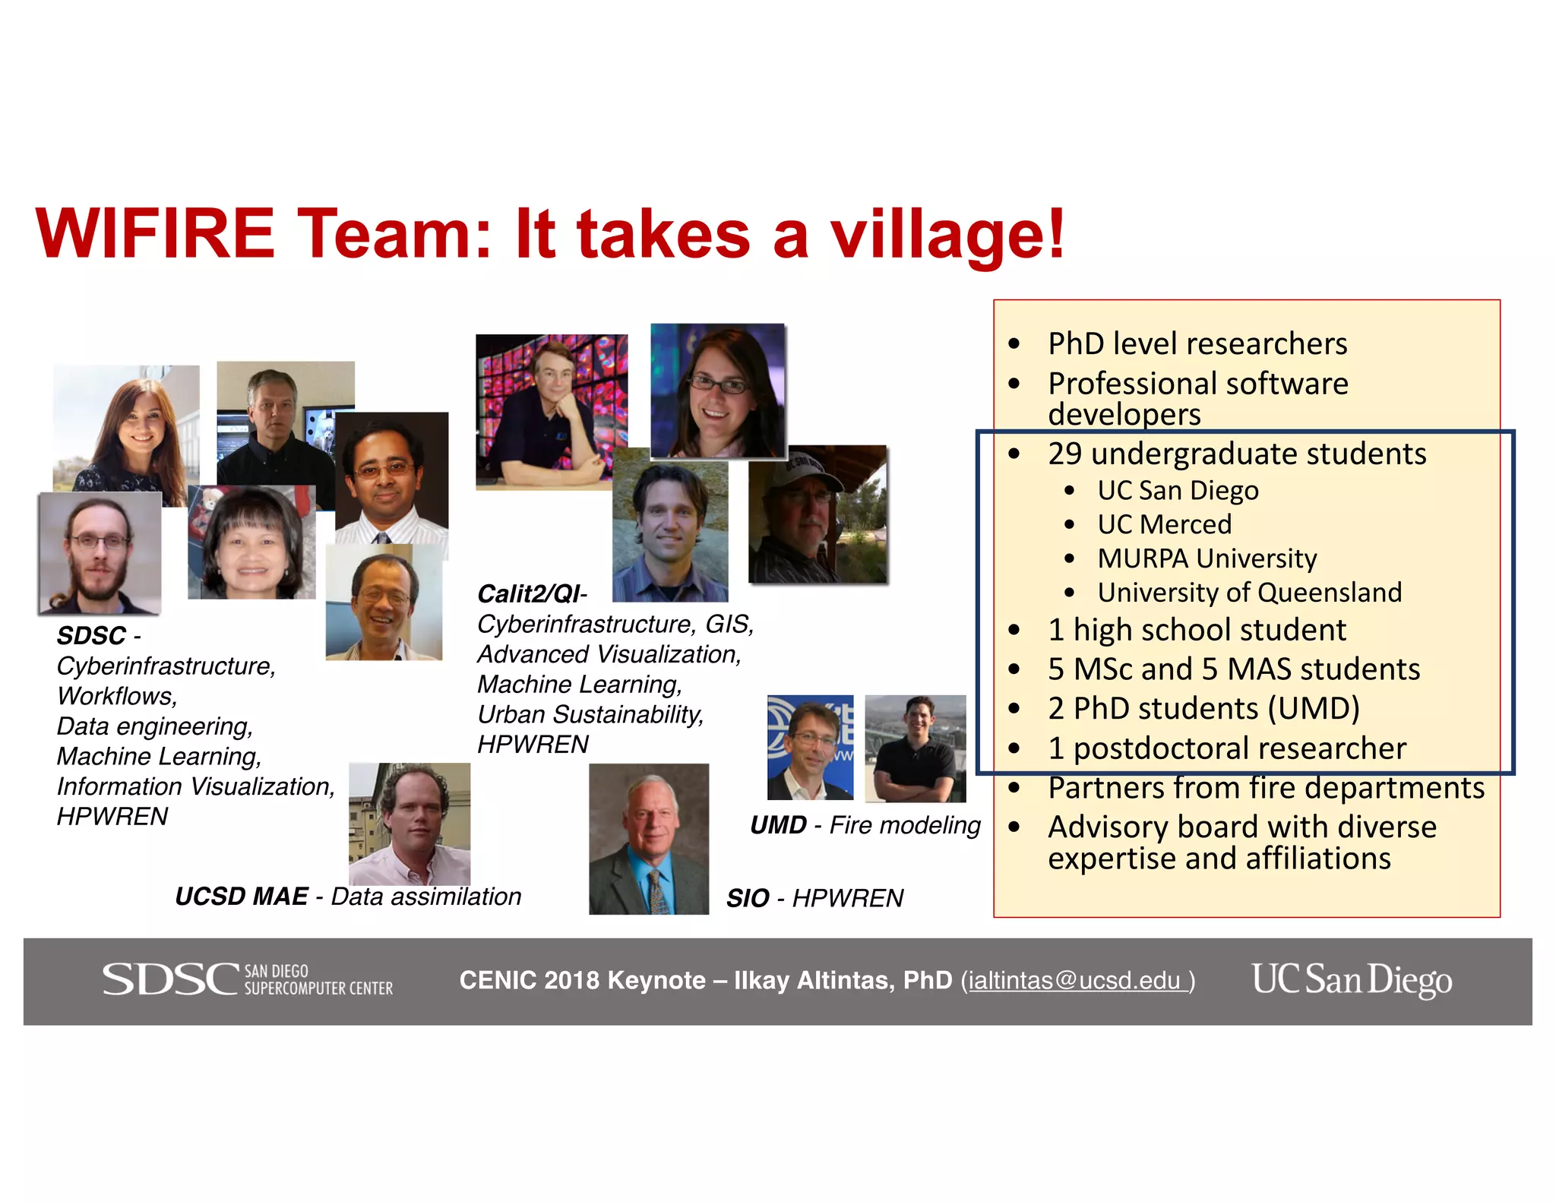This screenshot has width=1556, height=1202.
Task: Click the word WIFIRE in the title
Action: (155, 234)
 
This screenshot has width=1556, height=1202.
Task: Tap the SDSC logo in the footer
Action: (248, 979)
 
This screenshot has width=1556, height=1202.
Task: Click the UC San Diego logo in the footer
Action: (1352, 979)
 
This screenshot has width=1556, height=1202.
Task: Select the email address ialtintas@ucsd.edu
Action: (1074, 981)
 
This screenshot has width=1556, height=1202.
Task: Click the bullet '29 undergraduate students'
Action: (1236, 454)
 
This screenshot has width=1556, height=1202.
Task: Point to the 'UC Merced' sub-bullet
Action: (1164, 524)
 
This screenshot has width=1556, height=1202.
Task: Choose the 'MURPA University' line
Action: (1207, 558)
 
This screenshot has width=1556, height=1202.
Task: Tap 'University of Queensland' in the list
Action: (1249, 593)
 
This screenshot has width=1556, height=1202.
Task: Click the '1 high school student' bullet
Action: (1197, 630)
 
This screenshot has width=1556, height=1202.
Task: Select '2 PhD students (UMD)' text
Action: (1203, 708)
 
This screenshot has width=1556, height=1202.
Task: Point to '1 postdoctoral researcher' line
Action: (1227, 748)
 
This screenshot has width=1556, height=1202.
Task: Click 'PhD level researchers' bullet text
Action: (1197, 343)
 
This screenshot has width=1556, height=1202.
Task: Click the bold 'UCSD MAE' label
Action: (242, 897)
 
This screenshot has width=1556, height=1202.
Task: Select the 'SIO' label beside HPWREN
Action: (748, 899)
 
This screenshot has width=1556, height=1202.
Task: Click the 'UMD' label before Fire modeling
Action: (778, 825)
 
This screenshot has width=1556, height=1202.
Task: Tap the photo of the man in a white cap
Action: (818, 514)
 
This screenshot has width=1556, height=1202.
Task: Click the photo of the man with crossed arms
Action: (916, 748)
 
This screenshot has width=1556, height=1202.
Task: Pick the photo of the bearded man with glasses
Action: (100, 553)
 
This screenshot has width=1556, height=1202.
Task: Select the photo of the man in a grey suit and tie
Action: (649, 839)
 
